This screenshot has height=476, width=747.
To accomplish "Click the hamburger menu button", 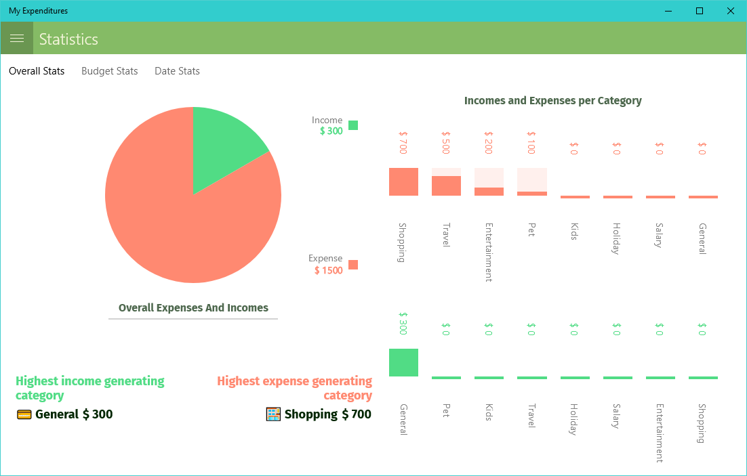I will pos(17,39).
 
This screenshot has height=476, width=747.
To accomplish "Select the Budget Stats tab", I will pos(109,71).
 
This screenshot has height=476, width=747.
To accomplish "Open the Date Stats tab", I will pos(177,71).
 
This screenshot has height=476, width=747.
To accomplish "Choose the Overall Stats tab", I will pos(37,71).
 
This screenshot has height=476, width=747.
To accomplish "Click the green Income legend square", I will pos(353,125).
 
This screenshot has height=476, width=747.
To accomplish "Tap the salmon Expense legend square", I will pos(353,265).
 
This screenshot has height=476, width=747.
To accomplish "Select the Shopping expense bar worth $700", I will pos(403,181).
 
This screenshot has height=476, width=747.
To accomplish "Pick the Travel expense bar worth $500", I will pos(446,186).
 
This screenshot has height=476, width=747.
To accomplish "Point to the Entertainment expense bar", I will pos(489,191).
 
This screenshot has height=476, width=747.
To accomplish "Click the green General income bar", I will pos(403,362).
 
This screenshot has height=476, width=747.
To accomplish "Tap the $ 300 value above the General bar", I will pos(403,324).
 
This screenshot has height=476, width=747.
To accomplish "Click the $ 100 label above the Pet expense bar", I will pos(531,143).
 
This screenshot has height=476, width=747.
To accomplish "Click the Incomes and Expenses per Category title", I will pos(552,101).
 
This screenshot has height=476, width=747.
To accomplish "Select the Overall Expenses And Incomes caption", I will pos(193,308).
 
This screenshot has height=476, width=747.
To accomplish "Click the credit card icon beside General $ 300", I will pos(24,414).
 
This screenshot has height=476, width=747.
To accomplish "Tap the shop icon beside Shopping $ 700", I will pos(273,414).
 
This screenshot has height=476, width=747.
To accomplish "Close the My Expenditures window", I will pos(730,11).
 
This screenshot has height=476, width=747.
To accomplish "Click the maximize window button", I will pos(700,11).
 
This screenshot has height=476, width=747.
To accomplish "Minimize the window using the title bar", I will pos(668,11).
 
